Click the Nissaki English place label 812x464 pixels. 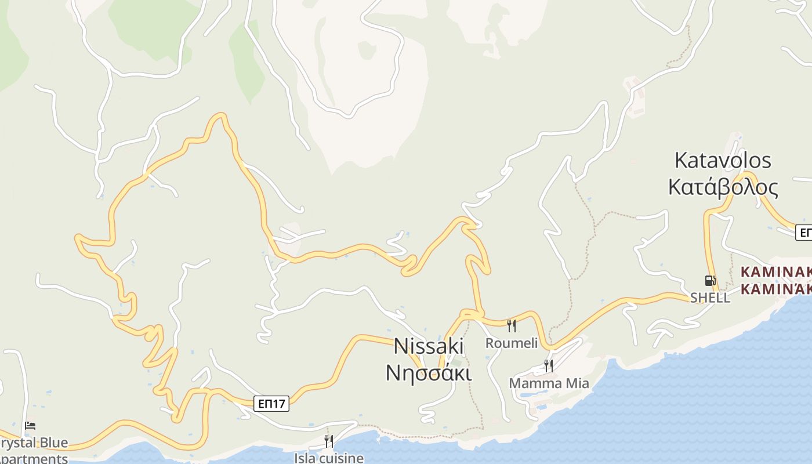coord(429,346)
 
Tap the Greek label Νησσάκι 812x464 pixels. coord(429,372)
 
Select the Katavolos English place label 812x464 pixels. coord(723,160)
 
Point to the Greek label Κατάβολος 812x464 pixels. coord(723,187)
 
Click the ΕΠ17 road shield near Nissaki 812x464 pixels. coord(271,404)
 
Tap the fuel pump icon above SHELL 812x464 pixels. coord(710,281)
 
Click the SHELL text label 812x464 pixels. coord(710,298)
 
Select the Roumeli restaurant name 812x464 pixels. coord(512,343)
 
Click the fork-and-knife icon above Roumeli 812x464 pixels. coord(512,325)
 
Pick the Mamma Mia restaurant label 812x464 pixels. coord(549,383)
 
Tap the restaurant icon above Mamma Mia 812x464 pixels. coord(548,366)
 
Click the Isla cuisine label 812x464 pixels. coord(328,458)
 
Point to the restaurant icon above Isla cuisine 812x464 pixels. coord(328,441)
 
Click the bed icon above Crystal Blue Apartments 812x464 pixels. coord(31,426)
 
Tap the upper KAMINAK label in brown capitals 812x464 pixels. coord(776,271)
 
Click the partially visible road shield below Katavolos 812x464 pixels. coord(804,233)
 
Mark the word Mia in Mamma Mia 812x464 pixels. coord(577,383)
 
